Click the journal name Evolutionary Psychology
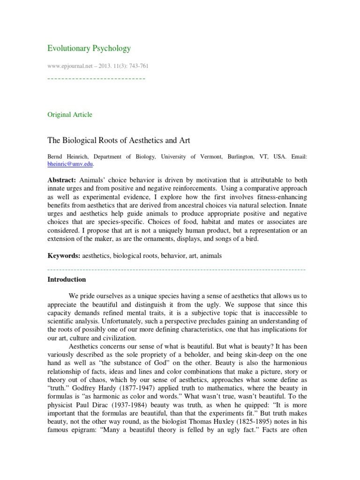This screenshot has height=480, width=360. (90, 48)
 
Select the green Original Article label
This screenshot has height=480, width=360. (70, 115)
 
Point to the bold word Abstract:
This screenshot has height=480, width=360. (62, 180)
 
